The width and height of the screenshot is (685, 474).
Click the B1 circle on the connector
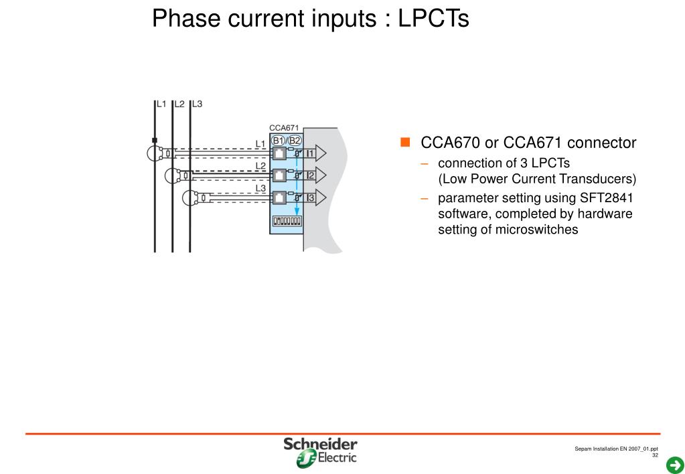pyautogui.click(x=279, y=141)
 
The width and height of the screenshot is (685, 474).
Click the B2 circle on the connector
pyautogui.click(x=295, y=141)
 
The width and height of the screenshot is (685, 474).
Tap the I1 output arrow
pyautogui.click(x=315, y=153)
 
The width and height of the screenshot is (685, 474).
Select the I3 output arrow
pyautogui.click(x=315, y=197)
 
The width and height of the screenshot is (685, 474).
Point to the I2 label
pyautogui.click(x=310, y=175)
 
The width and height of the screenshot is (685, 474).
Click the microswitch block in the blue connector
pyautogui.click(x=287, y=221)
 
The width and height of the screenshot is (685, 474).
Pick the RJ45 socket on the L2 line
pyautogui.click(x=279, y=175)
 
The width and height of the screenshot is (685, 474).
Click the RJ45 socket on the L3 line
pyautogui.click(x=279, y=197)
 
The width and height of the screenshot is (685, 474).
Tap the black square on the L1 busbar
pyautogui.click(x=155, y=140)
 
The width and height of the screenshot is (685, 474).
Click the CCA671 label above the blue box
pyautogui.click(x=284, y=128)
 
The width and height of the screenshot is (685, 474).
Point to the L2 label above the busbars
pyautogui.click(x=179, y=104)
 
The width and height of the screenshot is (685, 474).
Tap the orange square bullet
pyautogui.click(x=405, y=142)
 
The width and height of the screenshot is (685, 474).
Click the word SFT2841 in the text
pyautogui.click(x=607, y=198)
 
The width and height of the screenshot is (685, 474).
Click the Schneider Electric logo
pyautogui.click(x=320, y=453)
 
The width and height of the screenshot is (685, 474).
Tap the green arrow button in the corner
pyautogui.click(x=675, y=465)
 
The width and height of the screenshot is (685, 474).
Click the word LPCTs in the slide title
pyautogui.click(x=433, y=18)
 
